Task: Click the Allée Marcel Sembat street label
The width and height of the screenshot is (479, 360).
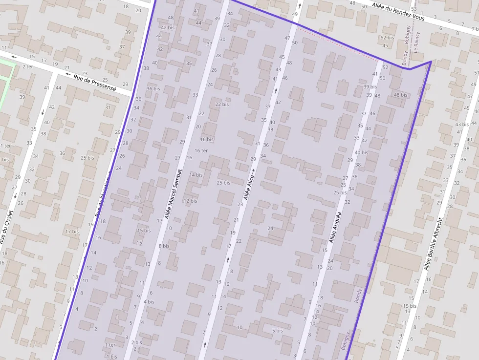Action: pos(173,193)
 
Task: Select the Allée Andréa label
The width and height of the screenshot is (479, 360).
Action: pos(335,227)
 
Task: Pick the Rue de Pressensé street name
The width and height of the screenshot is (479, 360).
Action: pos(95,83)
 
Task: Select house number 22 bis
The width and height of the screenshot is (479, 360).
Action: pos(222,104)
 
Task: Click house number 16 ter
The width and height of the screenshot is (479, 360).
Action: pos(201,150)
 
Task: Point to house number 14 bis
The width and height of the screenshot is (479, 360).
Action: pos(196,174)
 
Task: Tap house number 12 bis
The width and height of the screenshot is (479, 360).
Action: pos(190,201)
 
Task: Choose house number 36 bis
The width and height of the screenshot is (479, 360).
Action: pos(153,88)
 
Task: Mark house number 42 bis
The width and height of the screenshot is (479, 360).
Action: pos(168,27)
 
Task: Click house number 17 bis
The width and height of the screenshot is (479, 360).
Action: pos(72,231)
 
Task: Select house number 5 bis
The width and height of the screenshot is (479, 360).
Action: pos(277,331)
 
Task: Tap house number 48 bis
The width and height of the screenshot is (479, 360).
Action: pos(400,95)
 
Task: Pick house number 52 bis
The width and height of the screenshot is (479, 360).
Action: pos(387,38)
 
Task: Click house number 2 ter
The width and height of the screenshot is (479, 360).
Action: pos(27,66)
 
